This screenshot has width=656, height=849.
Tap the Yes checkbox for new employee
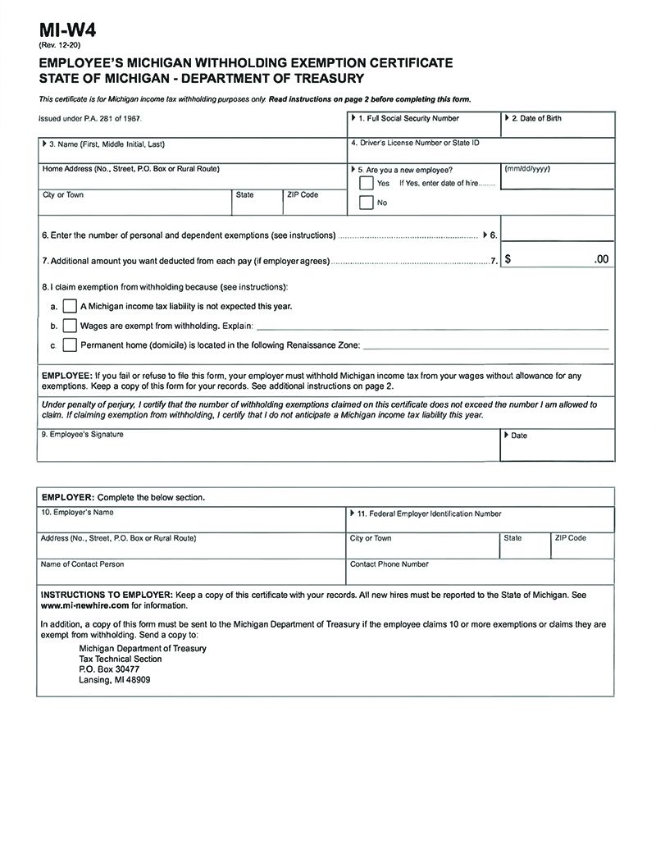367,183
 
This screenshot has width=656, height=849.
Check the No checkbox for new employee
367,203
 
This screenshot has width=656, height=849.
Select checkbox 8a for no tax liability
70,306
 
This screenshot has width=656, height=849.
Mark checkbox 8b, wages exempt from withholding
70,326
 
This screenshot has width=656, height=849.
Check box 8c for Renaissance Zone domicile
70,345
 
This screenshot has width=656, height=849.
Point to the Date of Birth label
536,119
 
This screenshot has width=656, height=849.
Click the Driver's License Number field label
414,144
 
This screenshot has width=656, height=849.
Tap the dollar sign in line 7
509,259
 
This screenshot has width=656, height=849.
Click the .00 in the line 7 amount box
601,259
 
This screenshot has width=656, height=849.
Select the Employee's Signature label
82,434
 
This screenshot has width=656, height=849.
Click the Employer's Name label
77,513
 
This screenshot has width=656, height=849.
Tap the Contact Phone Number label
389,564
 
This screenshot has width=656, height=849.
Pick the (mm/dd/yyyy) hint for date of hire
527,168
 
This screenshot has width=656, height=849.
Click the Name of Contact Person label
82,564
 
